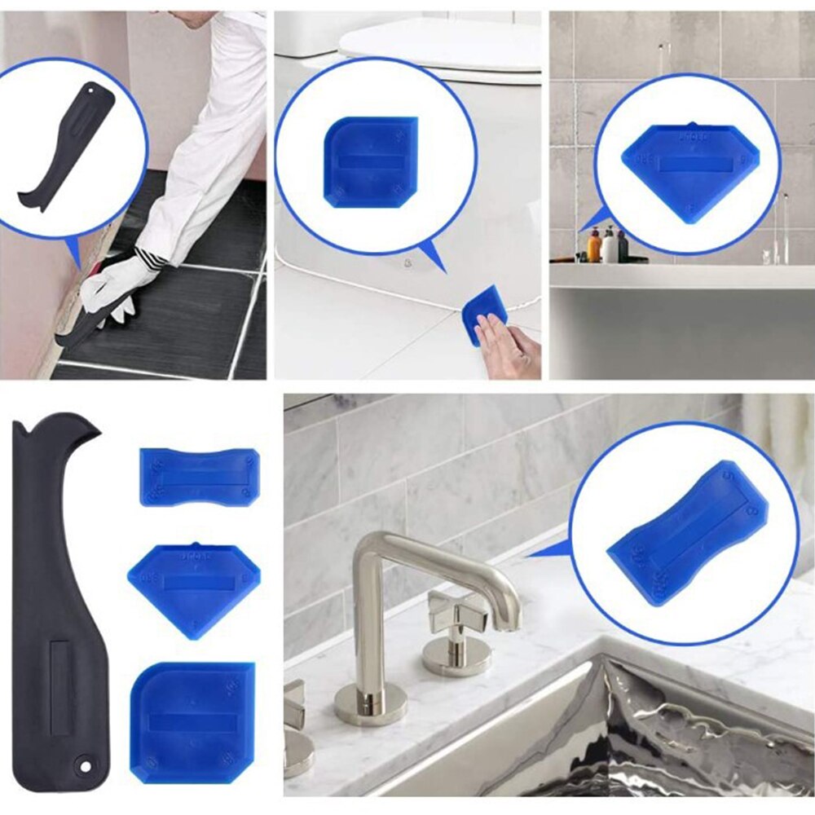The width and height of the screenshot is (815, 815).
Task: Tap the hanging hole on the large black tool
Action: click(82, 764)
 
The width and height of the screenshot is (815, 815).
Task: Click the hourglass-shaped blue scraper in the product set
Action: click(200, 477)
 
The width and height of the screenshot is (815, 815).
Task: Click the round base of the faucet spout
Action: click(371, 703)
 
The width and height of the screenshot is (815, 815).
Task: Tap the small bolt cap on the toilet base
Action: click(406, 263)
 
